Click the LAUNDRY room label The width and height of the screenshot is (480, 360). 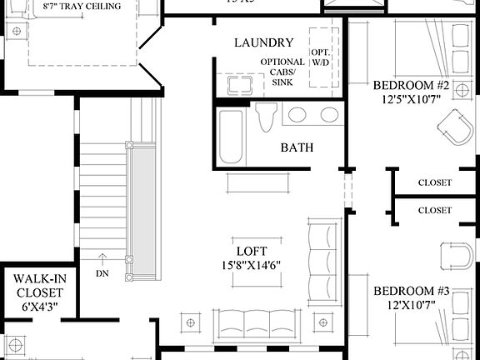coord(263,42)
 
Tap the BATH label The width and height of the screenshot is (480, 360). coord(297,147)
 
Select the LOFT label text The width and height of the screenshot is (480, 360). coord(251,250)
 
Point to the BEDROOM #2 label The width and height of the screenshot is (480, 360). coord(411,86)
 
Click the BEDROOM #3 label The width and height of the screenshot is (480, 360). coord(411,291)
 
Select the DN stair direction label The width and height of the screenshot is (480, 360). coord(102,272)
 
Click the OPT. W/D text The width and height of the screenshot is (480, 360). coord(321,57)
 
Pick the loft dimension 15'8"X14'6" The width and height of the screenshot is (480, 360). coord(251,265)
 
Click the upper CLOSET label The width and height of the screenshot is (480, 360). coord(434,182)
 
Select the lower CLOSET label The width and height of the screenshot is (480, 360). coord(434,210)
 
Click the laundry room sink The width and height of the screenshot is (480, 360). coord(238,85)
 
